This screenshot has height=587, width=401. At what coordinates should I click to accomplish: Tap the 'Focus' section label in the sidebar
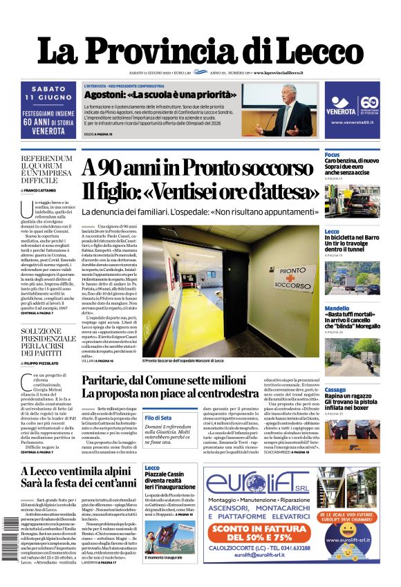(332, 154)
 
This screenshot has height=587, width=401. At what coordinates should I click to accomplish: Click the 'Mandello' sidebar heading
(337, 308)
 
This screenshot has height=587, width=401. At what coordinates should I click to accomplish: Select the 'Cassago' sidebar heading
(336, 390)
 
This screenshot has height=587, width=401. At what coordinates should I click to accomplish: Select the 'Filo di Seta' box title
(158, 418)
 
